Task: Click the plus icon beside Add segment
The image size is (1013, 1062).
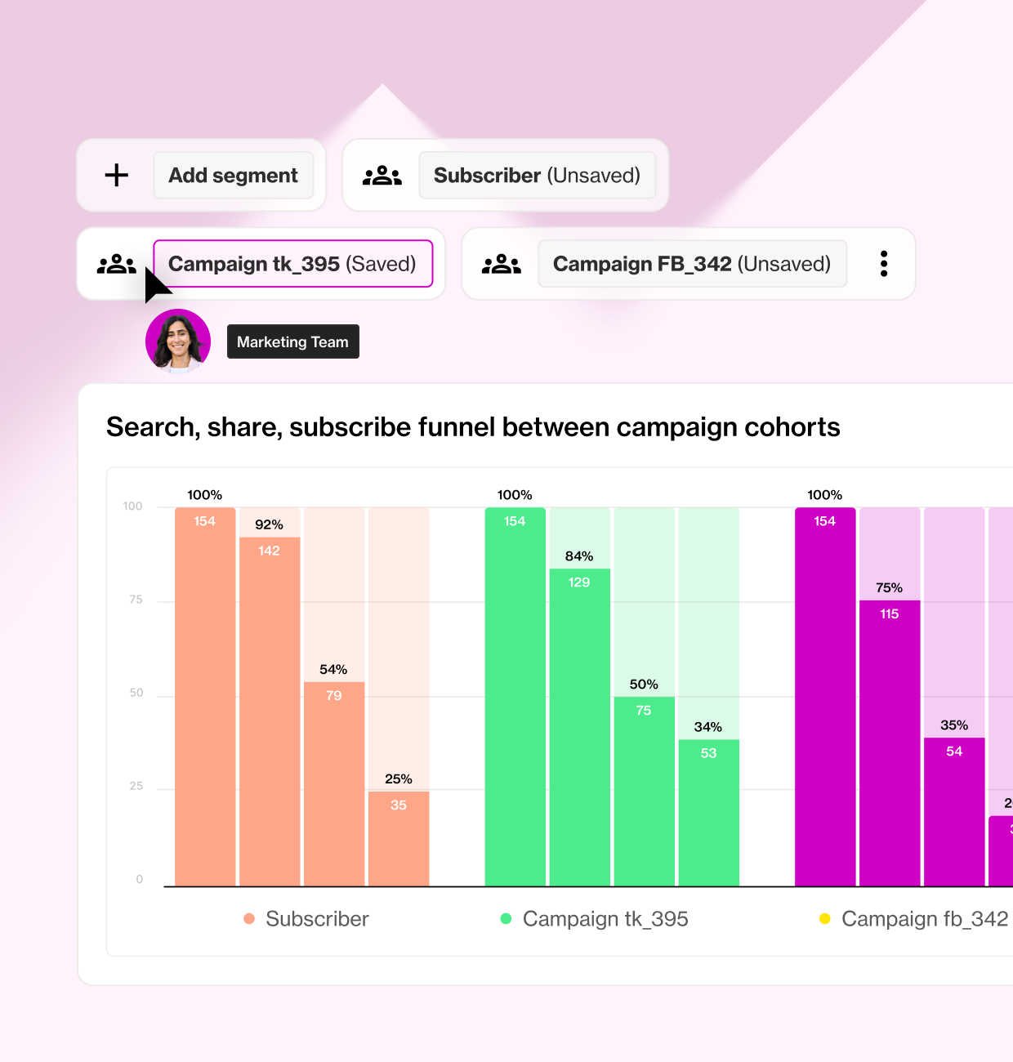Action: point(117,175)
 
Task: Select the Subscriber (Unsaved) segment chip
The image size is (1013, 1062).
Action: point(537,175)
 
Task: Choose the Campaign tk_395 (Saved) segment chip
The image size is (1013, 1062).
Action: point(292,264)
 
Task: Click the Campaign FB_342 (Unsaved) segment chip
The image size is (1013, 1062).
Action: point(692,264)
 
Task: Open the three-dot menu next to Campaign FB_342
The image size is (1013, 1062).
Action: point(884,264)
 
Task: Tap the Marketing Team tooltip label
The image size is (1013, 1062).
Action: point(292,341)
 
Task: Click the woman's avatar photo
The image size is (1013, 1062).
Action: point(178,341)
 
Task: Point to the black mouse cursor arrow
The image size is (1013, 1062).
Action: point(155,284)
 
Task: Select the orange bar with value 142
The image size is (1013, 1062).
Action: point(270,711)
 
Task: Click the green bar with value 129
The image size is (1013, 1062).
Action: point(579,727)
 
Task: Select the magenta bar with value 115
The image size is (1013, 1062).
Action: point(890,743)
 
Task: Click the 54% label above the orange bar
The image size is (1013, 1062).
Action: point(333,670)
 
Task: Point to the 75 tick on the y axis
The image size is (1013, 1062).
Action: point(136,600)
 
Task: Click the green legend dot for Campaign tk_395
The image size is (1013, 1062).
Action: point(506,919)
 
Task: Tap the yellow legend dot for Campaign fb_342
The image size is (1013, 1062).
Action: point(825,919)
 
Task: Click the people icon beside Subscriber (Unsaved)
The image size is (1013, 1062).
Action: point(382,175)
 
